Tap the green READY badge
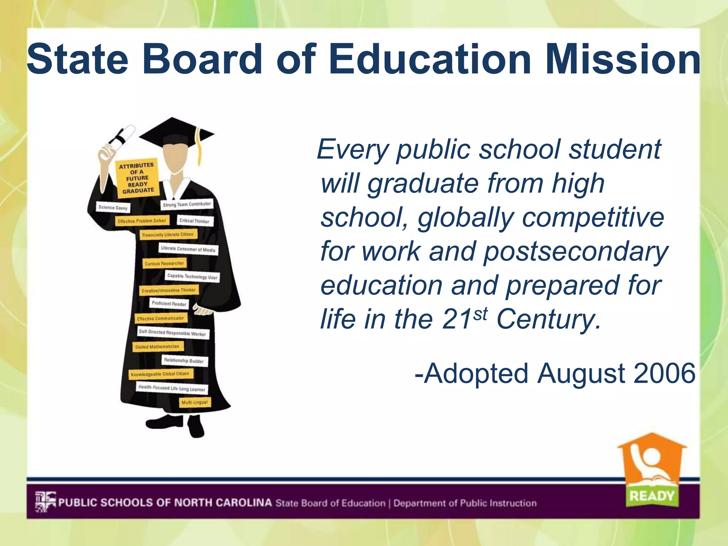click(x=652, y=496)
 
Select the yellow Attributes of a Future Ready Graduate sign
click(x=137, y=177)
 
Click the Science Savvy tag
click(x=113, y=207)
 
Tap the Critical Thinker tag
click(x=194, y=221)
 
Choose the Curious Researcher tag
click(x=164, y=263)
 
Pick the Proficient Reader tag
click(x=169, y=304)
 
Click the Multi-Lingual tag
click(x=194, y=402)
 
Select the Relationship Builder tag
click(x=184, y=361)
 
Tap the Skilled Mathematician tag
click(x=157, y=347)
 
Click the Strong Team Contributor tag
click(x=187, y=204)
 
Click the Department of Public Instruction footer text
click(x=465, y=503)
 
